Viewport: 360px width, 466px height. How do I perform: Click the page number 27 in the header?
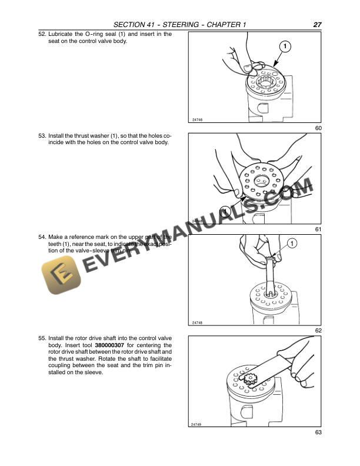tap(317, 24)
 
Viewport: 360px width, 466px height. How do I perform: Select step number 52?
tap(42, 34)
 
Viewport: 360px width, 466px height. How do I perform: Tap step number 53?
tap(42, 135)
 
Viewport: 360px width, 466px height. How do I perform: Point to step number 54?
tap(42, 237)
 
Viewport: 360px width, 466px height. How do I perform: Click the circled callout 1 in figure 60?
tap(284, 46)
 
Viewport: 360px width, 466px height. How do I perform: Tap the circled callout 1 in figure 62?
tap(292, 243)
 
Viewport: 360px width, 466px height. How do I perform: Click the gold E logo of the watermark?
tap(62, 272)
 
